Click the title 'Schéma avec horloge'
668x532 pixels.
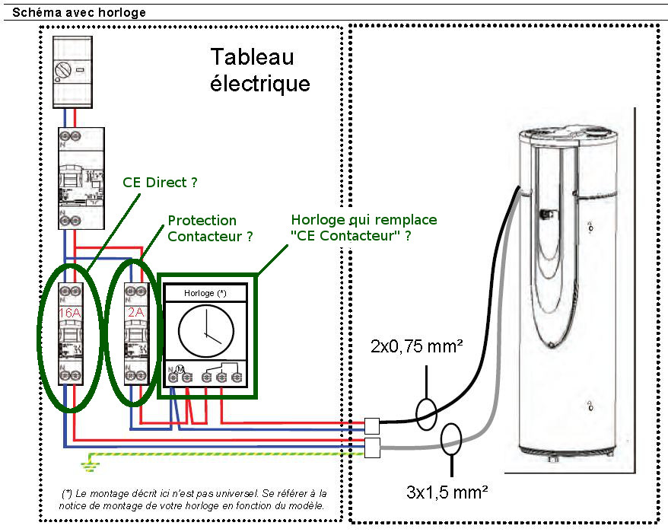[x=79, y=13]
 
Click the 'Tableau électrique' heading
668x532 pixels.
[x=259, y=69]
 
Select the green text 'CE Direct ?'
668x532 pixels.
[x=160, y=183]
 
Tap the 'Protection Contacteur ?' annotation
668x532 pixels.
[x=210, y=228]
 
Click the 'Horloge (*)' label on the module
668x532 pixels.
[x=206, y=293]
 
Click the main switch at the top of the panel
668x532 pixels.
[x=72, y=72]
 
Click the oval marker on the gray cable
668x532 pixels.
[x=452, y=439]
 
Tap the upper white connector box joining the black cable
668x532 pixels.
[x=372, y=425]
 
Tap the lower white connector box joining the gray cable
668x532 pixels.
[x=372, y=448]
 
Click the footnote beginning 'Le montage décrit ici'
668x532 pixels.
[x=192, y=499]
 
